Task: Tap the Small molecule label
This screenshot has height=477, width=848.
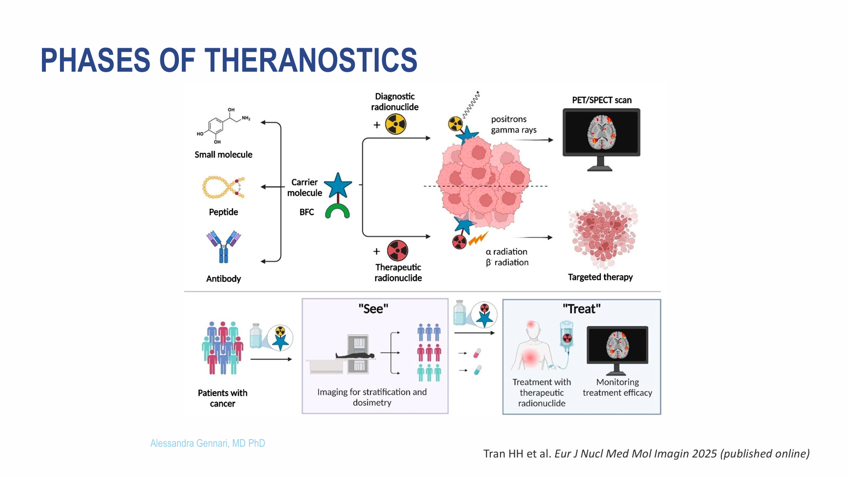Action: coord(223,155)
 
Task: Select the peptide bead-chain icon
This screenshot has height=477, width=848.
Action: coord(223,187)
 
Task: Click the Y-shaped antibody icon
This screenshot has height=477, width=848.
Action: coord(224,246)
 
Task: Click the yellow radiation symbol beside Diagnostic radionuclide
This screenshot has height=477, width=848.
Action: coord(396,124)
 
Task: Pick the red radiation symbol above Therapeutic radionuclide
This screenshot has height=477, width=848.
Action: coord(398,251)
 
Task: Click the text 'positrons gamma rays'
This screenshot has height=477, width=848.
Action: coord(513,124)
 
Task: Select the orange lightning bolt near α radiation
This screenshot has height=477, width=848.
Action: coord(478,239)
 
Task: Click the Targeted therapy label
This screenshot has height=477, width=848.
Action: coord(600,277)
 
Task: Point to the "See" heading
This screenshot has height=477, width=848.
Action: coord(373,309)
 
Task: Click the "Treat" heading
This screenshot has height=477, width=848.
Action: coord(581,309)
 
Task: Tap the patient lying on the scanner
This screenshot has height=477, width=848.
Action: coord(355,356)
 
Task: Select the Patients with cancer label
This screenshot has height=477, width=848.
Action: coord(223,398)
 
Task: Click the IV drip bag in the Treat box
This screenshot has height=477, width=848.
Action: coord(566,336)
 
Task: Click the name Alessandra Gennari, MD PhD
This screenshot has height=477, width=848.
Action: coord(208,443)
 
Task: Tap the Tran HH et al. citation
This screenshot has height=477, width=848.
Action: coord(646,454)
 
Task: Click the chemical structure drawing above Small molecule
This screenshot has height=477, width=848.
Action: coord(223,126)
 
